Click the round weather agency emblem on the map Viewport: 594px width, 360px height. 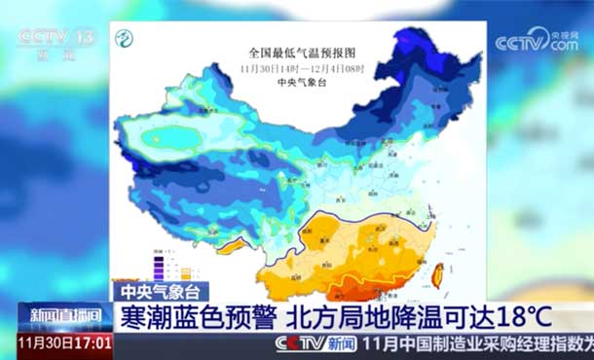coord(125,40)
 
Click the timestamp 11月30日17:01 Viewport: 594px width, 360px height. coord(64,343)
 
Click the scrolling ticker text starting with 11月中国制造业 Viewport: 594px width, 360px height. coord(477,343)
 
